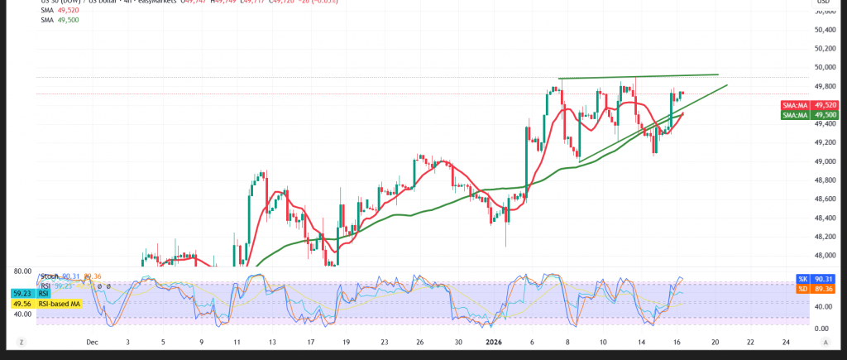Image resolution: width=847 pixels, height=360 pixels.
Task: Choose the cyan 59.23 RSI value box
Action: point(22,293)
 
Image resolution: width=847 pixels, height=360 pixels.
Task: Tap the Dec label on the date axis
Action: point(92,341)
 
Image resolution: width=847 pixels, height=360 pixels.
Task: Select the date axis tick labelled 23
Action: point(384,341)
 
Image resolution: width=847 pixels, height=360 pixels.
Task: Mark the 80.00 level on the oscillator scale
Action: point(22,271)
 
